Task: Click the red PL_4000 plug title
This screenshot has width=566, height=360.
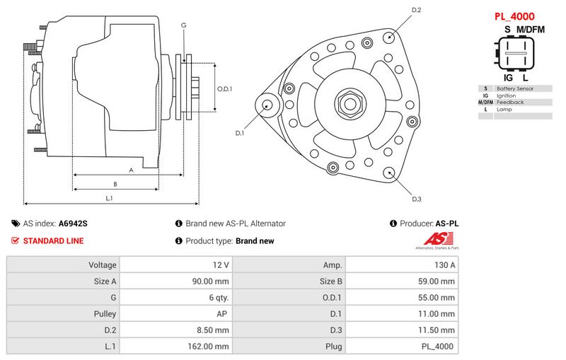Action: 514,16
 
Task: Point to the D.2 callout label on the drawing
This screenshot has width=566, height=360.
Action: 416,10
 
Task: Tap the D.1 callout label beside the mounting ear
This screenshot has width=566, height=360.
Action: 239,133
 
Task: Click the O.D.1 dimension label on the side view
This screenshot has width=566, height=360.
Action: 224,88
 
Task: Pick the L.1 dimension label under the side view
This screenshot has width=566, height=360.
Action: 110,198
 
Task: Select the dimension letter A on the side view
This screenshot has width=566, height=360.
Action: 131,170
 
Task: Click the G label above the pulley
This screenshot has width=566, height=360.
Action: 183,25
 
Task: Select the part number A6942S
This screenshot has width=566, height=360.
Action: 73,223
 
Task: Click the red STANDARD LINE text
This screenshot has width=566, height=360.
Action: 53,240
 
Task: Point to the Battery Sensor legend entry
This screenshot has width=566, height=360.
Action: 515,88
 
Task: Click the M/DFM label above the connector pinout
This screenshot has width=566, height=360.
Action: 531,29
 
